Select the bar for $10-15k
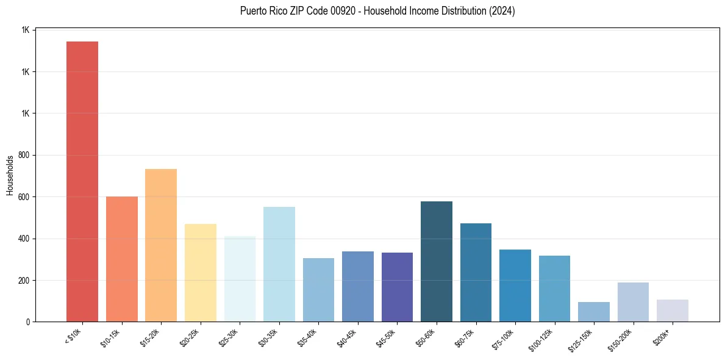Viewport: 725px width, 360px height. tap(121, 259)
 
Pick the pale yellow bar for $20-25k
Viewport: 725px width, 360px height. tap(200, 273)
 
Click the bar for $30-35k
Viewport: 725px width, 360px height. tap(279, 264)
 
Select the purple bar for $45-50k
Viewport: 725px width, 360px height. tap(397, 287)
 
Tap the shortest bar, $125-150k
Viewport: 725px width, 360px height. tap(594, 312)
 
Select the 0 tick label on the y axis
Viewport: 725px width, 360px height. tap(28, 322)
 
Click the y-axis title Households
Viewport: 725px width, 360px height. tap(10, 176)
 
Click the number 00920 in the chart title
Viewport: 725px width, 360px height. tap(338, 11)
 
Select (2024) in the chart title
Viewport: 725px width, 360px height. tap(501, 11)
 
